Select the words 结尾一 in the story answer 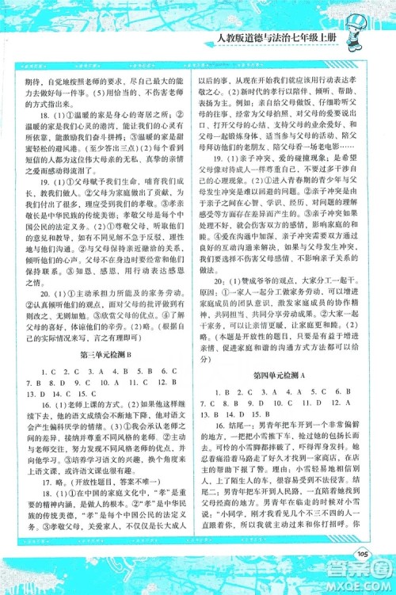244,429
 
